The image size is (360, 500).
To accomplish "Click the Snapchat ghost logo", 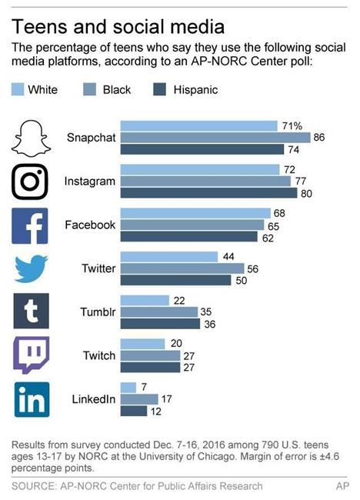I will (x=32, y=137).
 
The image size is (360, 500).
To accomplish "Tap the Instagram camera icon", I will (x=32, y=182).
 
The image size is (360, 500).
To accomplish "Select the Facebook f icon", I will (x=32, y=225).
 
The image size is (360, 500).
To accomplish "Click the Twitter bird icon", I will (x=32, y=268).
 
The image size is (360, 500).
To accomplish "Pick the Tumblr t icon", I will (x=32, y=312).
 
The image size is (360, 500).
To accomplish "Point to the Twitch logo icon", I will (x=32, y=355).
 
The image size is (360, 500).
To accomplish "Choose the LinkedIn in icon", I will (x=32, y=399).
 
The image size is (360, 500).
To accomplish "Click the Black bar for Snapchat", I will (x=215, y=138).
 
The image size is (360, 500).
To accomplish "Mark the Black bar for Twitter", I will (x=182, y=268).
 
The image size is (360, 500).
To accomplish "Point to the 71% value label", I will (x=294, y=125).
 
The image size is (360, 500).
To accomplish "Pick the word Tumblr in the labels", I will (x=98, y=312).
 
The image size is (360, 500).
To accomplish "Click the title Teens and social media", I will (x=118, y=27).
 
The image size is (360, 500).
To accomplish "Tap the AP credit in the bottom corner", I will (x=342, y=486).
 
